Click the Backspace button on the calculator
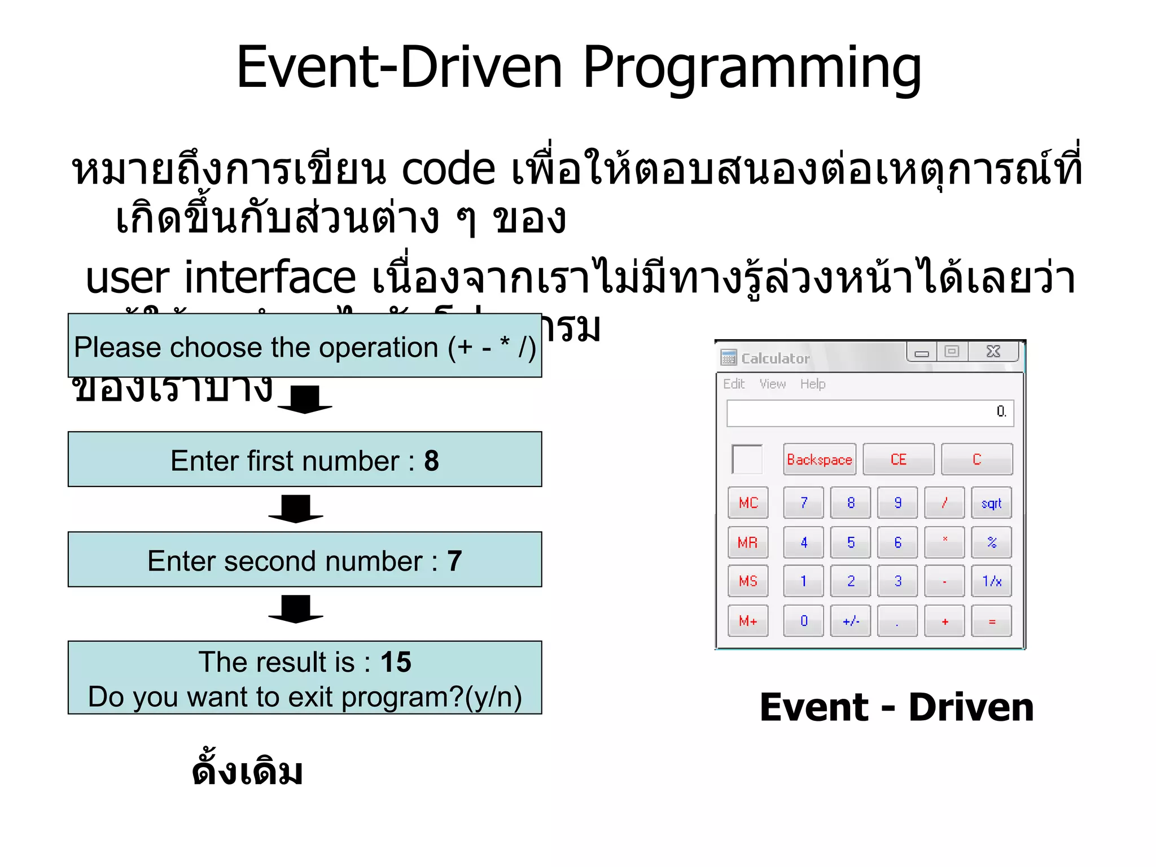point(819,459)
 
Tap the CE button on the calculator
point(898,459)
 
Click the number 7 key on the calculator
point(804,502)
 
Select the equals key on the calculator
point(992,621)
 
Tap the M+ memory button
point(748,621)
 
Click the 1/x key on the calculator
point(992,581)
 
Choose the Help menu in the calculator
point(812,384)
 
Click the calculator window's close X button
point(993,352)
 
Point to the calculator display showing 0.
point(870,413)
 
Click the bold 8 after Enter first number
point(431,461)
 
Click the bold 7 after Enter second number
point(454,561)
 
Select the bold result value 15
point(396,662)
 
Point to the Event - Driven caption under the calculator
point(896,707)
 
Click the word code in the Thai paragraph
point(448,169)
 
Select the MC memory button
point(748,502)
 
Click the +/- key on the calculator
point(851,621)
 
